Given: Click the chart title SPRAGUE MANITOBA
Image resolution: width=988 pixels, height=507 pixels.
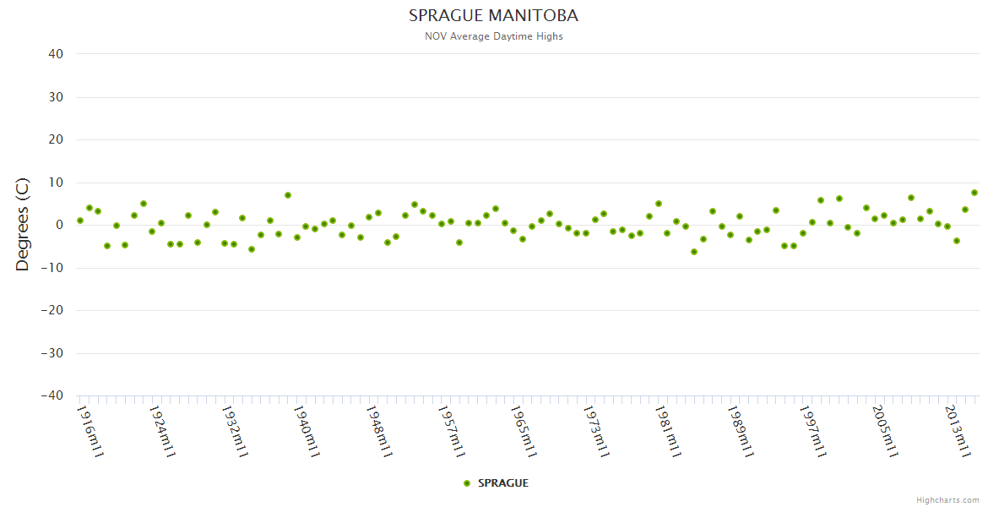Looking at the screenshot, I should [x=493, y=16].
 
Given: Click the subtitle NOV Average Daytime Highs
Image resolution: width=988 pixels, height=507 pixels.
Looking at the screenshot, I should [x=493, y=36].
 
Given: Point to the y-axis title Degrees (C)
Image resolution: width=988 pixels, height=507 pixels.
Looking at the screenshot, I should [x=23, y=224].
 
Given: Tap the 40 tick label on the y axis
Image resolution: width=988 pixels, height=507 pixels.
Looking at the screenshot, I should [x=56, y=54].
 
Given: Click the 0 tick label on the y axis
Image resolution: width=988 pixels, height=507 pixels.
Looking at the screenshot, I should [x=59, y=225].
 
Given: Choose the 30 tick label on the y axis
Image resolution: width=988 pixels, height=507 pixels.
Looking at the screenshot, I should [x=56, y=97].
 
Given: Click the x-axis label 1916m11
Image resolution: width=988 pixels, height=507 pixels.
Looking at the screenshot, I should [x=90, y=431].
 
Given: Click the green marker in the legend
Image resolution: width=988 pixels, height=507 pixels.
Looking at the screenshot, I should [x=467, y=483].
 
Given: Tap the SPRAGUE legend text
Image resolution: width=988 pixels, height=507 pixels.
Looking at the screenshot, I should [x=503, y=483].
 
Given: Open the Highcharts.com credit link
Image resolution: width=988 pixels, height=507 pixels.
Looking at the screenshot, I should [x=947, y=499].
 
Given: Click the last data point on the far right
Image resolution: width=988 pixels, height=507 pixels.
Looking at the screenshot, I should [x=974, y=193].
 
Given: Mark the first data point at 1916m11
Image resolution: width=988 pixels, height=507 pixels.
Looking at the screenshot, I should [x=80, y=221].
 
